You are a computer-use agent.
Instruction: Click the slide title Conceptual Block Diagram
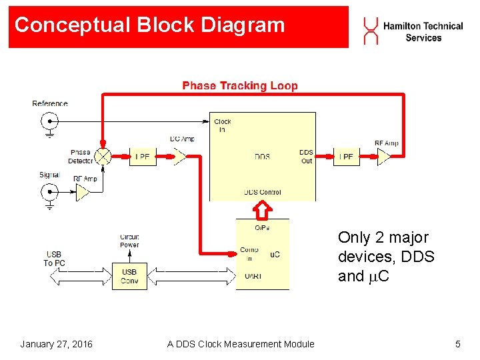point(149,25)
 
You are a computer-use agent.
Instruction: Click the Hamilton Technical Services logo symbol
point(370,31)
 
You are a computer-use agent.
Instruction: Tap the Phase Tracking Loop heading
point(240,85)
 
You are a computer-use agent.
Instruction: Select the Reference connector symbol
point(50,121)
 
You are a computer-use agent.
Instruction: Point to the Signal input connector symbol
point(50,193)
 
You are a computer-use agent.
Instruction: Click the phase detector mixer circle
point(103,156)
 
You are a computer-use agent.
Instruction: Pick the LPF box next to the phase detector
point(142,157)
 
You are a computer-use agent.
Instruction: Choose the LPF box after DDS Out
point(347,157)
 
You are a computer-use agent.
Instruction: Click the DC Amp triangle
point(179,157)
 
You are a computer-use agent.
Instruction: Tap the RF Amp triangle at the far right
point(385,157)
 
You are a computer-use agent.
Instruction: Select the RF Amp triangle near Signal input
point(83,193)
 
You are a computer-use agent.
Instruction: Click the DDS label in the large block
point(262,157)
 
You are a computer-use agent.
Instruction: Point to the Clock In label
point(222,125)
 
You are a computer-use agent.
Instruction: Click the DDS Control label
point(262,192)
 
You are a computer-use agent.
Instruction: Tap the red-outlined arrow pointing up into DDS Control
point(263,210)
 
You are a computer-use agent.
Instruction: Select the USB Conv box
point(129,275)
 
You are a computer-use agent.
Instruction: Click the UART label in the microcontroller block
point(253,275)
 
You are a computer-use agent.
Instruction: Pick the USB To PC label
point(54,258)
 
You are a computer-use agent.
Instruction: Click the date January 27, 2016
point(56,344)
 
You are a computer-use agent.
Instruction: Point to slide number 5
point(457,344)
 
